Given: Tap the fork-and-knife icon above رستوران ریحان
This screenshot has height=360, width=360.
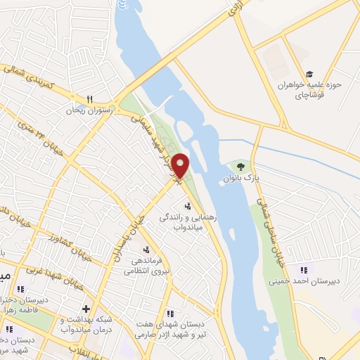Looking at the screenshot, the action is click(89, 99).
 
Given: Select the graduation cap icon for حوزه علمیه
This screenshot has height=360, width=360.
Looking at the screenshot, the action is click(309, 75).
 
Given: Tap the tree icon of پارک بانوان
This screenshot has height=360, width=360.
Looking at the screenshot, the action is click(241, 167).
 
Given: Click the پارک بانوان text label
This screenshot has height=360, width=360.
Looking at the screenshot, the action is click(242, 179).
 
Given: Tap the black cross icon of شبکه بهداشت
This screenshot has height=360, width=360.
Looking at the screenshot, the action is click(86, 308).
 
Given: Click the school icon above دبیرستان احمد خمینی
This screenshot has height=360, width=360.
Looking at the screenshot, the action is click(303, 269).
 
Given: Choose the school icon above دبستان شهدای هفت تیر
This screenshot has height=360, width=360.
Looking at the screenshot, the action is click(169, 314).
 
